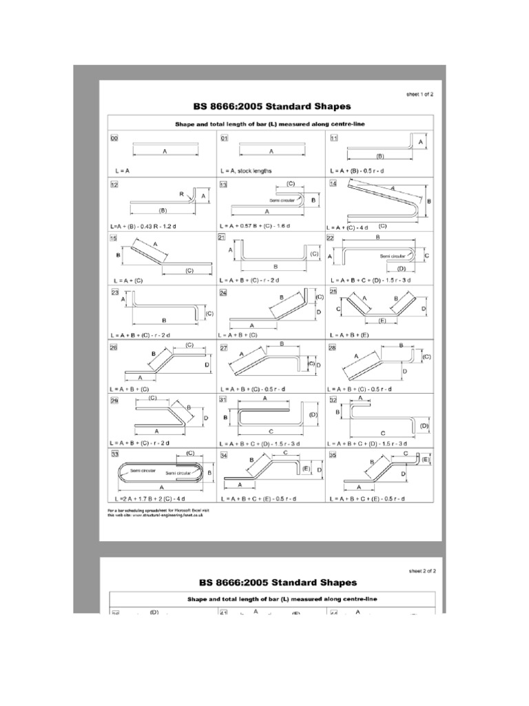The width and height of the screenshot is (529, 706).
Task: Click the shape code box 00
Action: (x=114, y=139)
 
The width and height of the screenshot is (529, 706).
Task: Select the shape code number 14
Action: (x=333, y=185)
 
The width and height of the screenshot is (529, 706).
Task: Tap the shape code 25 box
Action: (x=333, y=292)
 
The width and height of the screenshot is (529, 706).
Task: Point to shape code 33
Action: (x=114, y=454)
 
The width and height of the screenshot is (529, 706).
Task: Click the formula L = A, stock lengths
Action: (x=247, y=170)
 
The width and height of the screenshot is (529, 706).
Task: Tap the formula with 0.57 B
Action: (x=256, y=225)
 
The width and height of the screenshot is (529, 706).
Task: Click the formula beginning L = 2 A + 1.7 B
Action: (x=156, y=497)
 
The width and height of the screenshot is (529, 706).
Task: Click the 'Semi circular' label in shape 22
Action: (x=391, y=255)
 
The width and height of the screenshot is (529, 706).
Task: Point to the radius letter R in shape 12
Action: (x=182, y=195)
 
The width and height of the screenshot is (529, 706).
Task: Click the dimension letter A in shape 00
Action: (x=164, y=150)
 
